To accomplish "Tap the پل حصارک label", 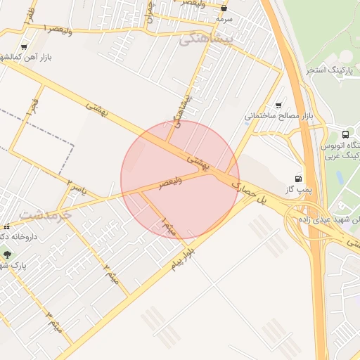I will point(251,195).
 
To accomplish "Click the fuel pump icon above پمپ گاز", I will point(300,179).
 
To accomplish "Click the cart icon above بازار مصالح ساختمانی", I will point(279,104).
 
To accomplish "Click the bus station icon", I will point(345,134).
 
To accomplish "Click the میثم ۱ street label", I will point(169,226).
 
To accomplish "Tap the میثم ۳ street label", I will point(53,323).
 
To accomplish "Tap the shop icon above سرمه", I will point(224,9).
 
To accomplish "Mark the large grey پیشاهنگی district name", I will point(205,39).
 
